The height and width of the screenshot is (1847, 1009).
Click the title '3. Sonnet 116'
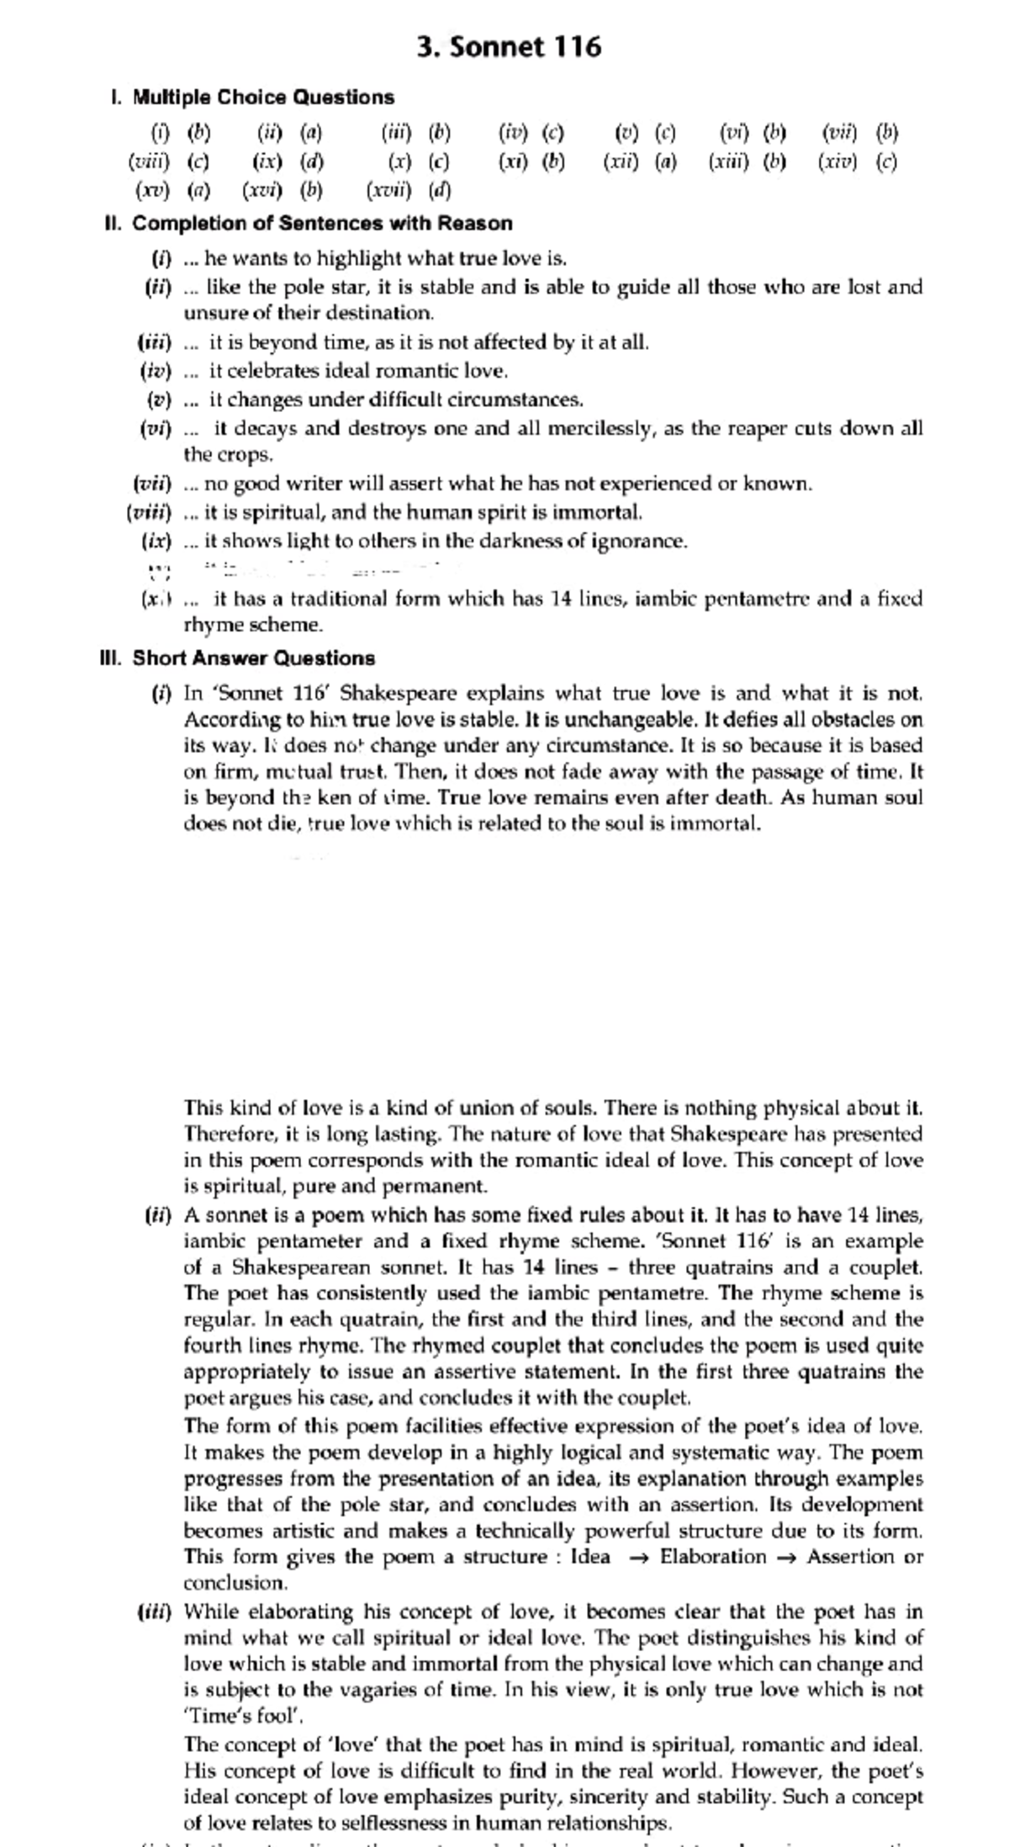(x=509, y=47)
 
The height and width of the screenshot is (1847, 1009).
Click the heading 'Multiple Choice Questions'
(x=263, y=98)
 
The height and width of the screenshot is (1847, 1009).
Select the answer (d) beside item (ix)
(x=312, y=161)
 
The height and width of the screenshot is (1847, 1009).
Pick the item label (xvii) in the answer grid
(x=388, y=190)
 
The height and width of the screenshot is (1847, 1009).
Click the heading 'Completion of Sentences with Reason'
(x=322, y=224)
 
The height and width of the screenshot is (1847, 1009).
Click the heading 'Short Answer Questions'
(x=253, y=658)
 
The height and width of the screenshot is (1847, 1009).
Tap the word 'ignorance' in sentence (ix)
(x=639, y=541)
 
